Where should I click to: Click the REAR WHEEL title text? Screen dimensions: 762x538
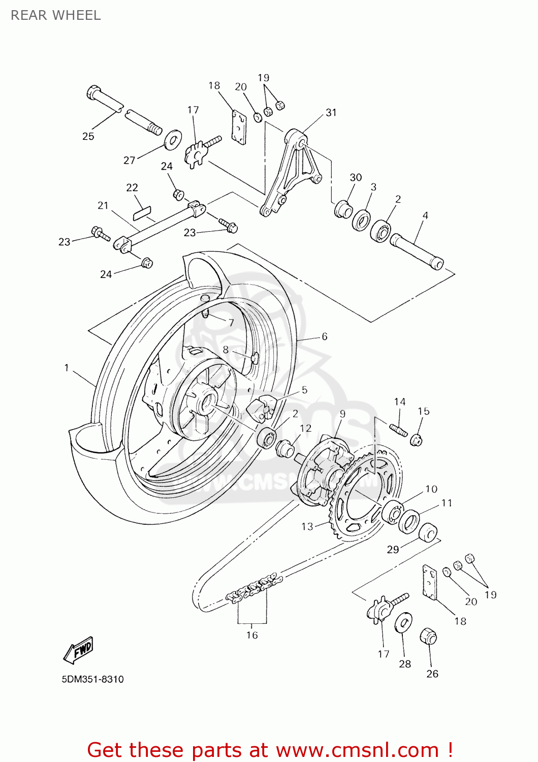tap(56, 15)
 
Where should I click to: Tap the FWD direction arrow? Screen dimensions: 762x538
tap(79, 650)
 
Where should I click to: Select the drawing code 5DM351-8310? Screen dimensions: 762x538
tap(92, 679)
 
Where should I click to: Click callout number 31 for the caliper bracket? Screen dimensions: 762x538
tap(331, 112)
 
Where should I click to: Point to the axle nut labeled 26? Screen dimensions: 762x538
tap(428, 636)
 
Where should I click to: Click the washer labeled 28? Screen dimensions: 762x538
tap(403, 623)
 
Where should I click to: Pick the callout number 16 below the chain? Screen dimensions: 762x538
tap(252, 635)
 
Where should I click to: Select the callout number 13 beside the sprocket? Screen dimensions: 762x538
tap(307, 526)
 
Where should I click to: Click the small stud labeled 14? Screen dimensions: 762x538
tap(399, 430)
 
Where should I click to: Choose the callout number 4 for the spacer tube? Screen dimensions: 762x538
tap(425, 215)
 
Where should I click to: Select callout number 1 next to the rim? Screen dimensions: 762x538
tap(67, 367)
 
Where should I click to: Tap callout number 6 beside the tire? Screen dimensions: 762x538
tap(324, 336)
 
